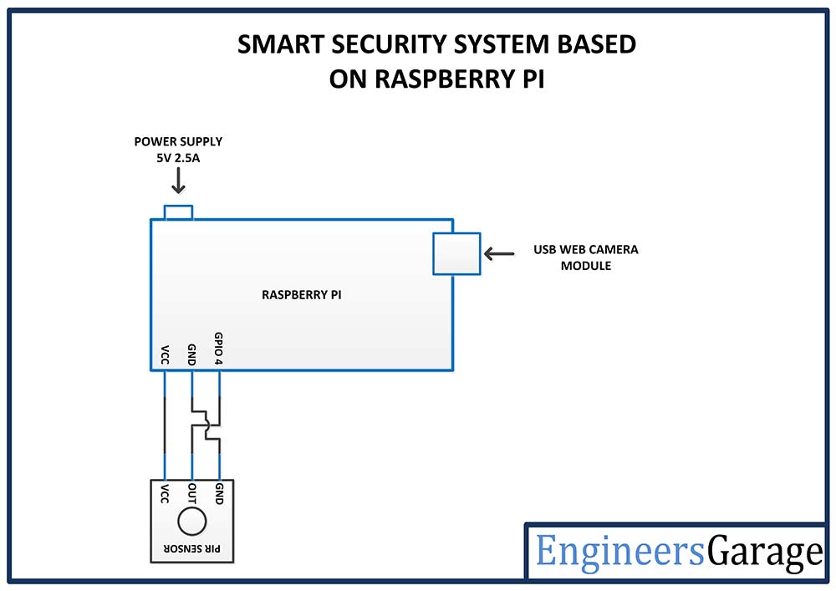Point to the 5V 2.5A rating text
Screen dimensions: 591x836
[178, 156]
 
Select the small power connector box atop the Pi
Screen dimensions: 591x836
[178, 211]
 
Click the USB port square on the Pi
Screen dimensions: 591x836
[456, 253]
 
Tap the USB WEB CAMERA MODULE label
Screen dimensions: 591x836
[585, 257]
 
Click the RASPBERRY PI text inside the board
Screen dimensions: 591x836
[302, 295]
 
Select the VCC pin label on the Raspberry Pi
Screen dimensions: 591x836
[165, 354]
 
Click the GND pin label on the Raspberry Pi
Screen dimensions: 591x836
[191, 352]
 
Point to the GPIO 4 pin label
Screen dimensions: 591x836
[218, 347]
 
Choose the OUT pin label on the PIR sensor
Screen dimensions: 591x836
[191, 492]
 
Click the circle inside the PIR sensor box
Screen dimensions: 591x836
[191, 522]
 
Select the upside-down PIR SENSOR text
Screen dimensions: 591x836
[191, 550]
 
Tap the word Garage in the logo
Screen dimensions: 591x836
[764, 553]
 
